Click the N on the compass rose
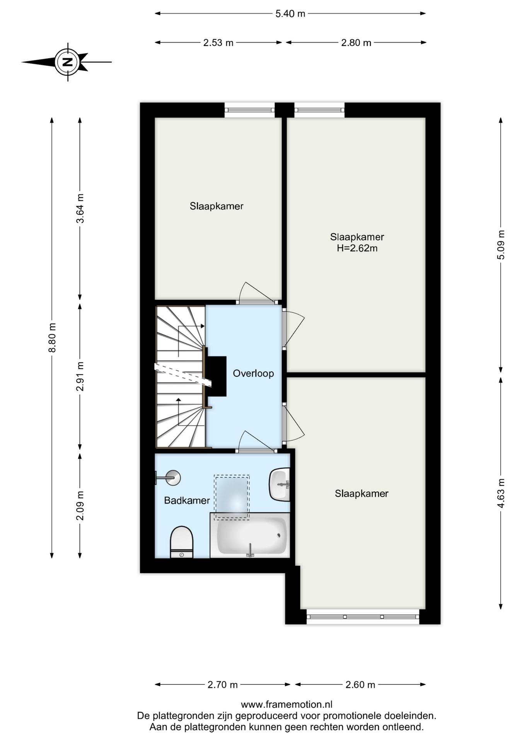68,62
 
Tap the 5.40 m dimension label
290,14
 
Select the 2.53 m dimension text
218,43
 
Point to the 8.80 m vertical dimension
52,338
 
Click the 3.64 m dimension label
80,208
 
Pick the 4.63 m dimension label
501,493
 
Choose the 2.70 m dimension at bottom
223,685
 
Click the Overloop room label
253,373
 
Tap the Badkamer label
187,500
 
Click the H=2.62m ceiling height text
357,248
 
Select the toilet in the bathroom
182,542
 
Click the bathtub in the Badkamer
250,535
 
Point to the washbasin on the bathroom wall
280,484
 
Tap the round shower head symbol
173,478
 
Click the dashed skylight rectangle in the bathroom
232,497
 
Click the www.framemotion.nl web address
286,705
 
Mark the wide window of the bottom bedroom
363,617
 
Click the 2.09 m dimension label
80,505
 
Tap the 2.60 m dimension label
360,685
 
